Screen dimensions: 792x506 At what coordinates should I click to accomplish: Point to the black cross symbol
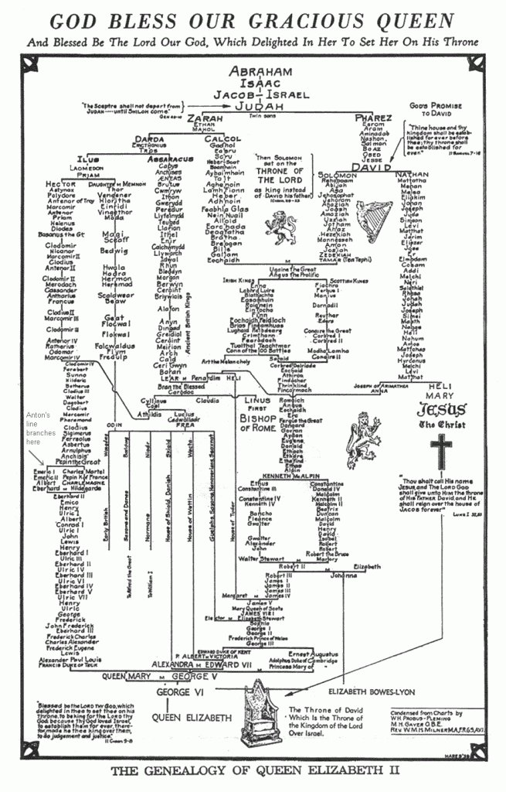coord(440,449)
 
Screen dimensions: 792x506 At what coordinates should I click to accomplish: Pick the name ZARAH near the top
coord(205,120)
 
